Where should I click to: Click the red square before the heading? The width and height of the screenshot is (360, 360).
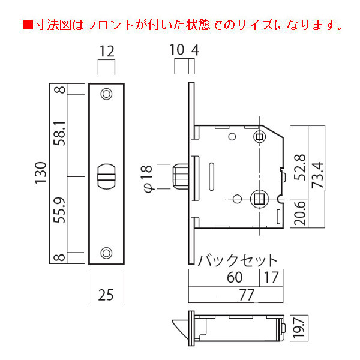28,25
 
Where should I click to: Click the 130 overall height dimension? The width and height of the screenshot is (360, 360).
41,173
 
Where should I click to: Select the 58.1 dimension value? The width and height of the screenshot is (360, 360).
59,134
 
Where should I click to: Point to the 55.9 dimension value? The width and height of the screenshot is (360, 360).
59,211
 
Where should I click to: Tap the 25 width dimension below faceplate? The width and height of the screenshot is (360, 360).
106,295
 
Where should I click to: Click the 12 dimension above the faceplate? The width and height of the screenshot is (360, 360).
107,51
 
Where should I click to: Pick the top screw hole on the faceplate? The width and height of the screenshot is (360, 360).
107,94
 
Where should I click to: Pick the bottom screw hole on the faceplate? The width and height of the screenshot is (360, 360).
106,253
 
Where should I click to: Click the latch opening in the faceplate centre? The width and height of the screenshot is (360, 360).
107,176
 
